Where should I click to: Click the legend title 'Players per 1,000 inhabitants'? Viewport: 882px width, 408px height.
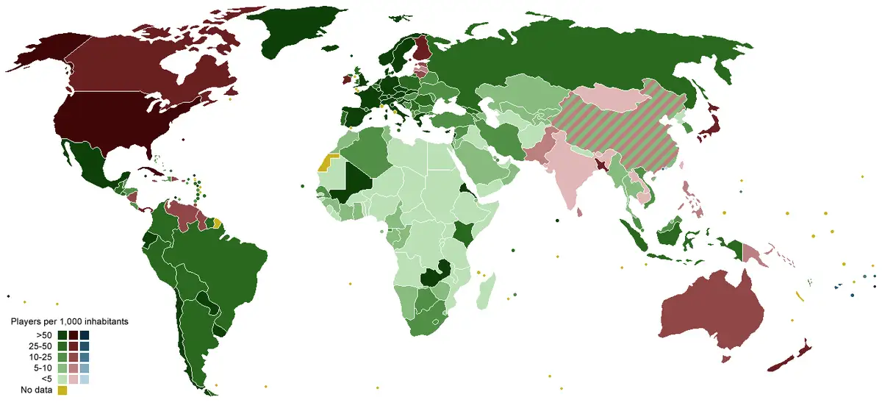pos(70,322)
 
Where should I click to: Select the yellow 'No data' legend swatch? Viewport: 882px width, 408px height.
pos(62,390)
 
